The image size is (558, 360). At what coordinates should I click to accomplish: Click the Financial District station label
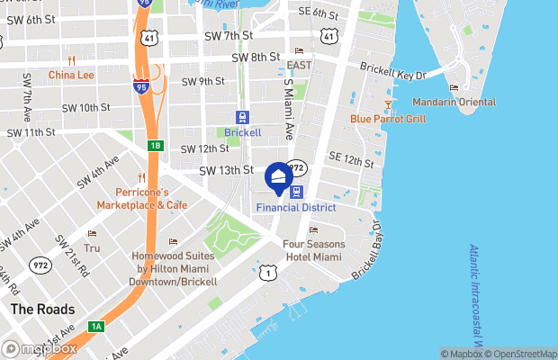pos(295,207)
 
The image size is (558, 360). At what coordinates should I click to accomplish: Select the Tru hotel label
pos(92,247)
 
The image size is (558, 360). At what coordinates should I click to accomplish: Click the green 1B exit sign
pos(155,146)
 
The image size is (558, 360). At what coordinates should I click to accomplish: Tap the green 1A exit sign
pos(94,327)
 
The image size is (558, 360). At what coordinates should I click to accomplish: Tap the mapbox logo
pos(39,348)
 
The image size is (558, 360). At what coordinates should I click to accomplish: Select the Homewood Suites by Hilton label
pos(175,269)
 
